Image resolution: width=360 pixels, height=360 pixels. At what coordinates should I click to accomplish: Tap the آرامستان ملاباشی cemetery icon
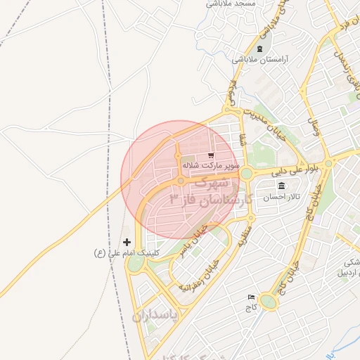click(x=261, y=49)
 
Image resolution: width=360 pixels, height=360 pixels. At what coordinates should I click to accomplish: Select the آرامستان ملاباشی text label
click(x=261, y=60)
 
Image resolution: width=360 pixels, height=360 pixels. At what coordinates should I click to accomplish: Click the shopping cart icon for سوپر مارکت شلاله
click(x=211, y=155)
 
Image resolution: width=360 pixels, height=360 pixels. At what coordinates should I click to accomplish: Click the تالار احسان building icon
click(x=281, y=186)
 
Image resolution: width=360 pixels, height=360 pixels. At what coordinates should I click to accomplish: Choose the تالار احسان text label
click(x=281, y=198)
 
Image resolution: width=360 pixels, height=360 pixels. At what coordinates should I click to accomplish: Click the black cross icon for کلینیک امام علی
click(x=127, y=241)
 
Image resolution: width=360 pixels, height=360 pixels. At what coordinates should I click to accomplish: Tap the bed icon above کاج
click(x=251, y=297)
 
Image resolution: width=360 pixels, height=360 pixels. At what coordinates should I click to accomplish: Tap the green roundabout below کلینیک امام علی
click(x=136, y=263)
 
